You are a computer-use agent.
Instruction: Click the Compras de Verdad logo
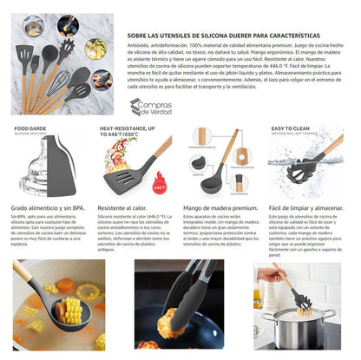click(152, 108)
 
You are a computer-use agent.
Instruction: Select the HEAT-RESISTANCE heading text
click(133, 128)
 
